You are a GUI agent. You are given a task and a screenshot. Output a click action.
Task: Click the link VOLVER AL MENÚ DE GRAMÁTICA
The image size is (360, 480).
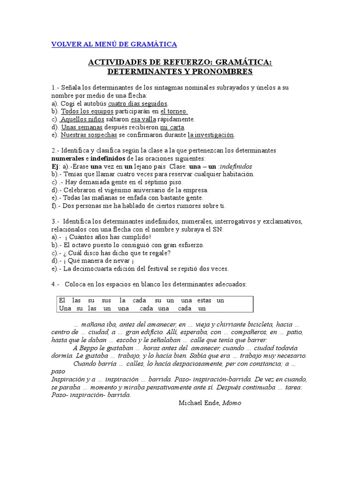click(114, 44)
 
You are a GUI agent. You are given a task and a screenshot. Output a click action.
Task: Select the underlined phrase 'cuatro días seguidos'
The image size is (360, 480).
click(138, 103)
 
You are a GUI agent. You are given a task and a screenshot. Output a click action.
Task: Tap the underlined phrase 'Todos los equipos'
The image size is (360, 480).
click(87, 111)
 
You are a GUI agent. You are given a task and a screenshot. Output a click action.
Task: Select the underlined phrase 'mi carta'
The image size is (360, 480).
click(172, 127)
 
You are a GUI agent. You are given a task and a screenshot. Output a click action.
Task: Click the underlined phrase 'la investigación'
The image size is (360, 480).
click(210, 135)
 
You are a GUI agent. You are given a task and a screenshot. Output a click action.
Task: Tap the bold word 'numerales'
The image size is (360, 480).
click(67, 158)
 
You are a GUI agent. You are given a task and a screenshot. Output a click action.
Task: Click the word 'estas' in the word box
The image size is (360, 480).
click(203, 300)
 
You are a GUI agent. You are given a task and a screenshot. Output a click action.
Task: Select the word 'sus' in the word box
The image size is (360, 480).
click(106, 300)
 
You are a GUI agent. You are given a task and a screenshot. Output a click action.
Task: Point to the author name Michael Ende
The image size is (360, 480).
click(199, 403)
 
